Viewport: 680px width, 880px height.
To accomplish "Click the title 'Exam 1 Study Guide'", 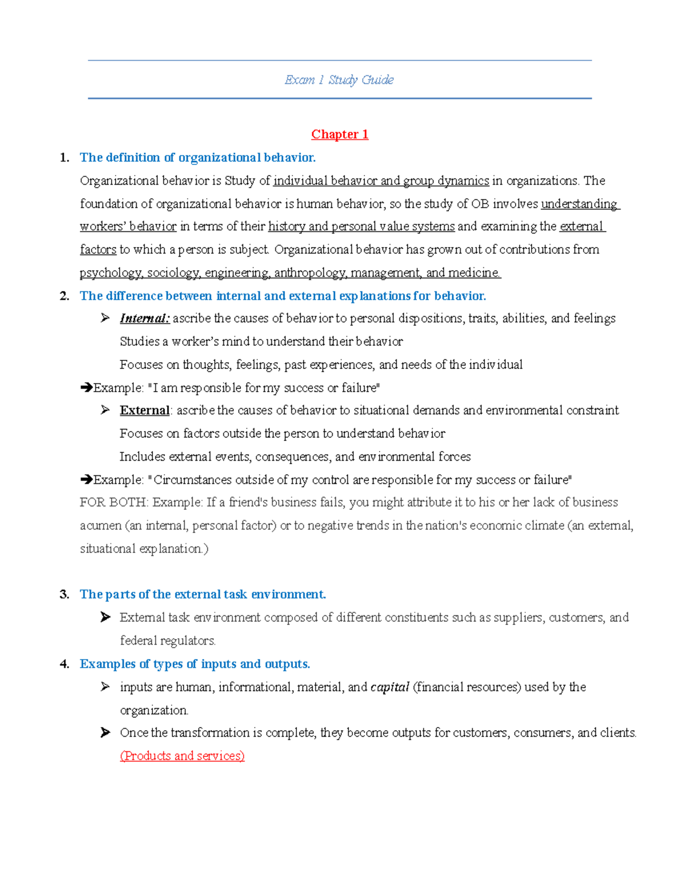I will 339,80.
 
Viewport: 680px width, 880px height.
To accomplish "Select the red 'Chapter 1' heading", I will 339,134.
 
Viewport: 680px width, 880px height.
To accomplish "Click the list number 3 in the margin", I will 64,594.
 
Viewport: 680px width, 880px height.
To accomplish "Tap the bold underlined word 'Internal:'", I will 144,318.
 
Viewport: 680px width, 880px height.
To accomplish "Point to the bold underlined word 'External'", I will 144,410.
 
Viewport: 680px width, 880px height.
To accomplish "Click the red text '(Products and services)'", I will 182,756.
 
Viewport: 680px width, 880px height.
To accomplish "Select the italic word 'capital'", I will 390,687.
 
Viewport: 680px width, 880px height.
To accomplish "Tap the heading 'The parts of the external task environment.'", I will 203,594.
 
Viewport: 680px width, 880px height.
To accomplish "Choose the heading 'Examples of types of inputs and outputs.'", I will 195,664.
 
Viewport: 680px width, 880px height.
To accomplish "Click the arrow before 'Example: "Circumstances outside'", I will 86,480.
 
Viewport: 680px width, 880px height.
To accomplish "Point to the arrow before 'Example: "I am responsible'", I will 86,388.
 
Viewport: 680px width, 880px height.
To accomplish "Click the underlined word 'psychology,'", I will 111,273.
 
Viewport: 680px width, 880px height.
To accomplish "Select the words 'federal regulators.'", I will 168,641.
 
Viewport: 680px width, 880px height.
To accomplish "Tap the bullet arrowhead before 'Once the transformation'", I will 105,733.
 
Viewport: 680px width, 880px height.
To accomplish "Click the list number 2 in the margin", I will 64,296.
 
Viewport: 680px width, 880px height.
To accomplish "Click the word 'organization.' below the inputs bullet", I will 154,711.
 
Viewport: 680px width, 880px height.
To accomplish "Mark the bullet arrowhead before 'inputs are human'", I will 105,687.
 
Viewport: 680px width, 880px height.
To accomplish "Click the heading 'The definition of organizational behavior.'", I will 197,158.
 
